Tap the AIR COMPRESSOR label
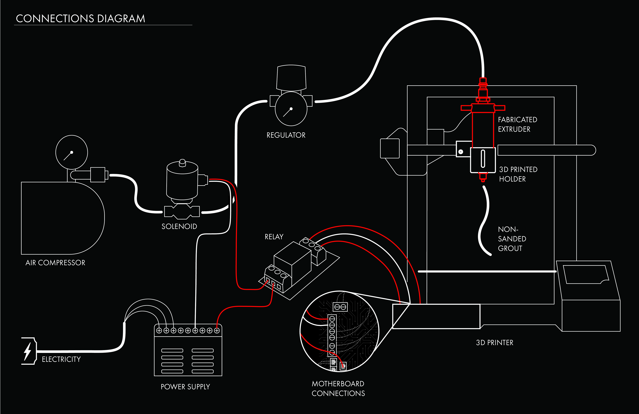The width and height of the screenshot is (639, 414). [55, 263]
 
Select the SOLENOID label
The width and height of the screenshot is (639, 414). [179, 226]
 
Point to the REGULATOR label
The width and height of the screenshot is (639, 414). [286, 135]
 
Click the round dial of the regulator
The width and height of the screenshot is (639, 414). [291, 109]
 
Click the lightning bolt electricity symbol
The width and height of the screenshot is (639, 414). [28, 351]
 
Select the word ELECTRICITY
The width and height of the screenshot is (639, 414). [61, 359]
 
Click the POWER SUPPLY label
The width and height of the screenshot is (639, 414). [185, 387]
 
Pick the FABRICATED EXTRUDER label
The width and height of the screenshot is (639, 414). [517, 124]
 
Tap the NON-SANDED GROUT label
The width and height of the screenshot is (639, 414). [512, 239]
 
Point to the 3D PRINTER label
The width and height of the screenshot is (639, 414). [495, 342]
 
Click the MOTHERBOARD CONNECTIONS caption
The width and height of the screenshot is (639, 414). [338, 388]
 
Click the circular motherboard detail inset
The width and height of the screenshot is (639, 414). [339, 331]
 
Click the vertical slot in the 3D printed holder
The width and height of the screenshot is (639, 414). [483, 159]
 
